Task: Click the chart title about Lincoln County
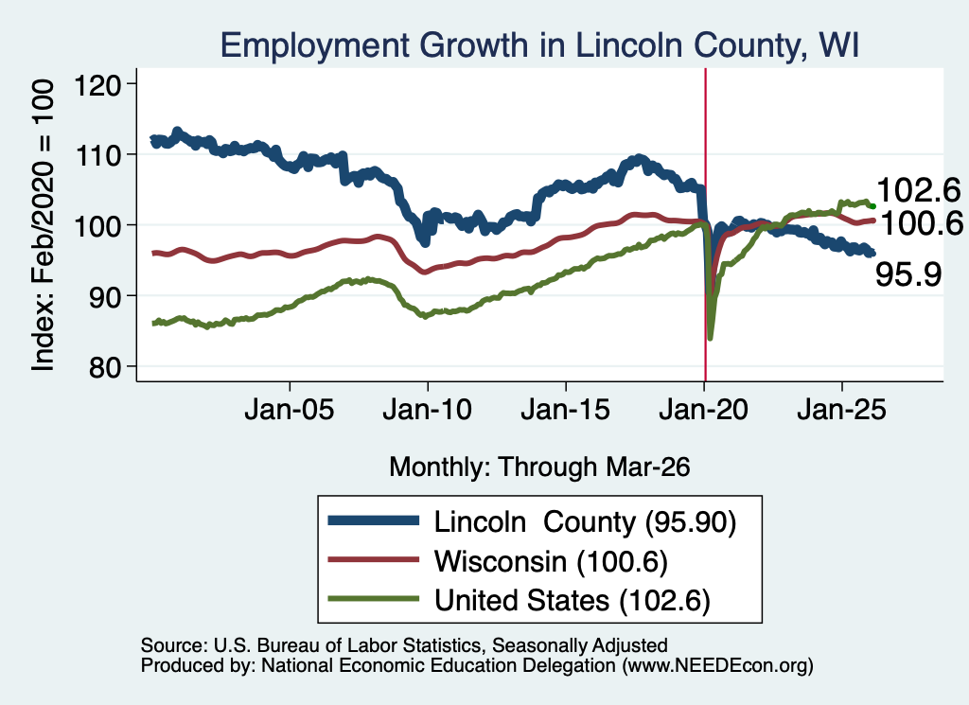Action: [539, 45]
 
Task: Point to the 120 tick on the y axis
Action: [97, 84]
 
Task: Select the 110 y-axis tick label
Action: [97, 154]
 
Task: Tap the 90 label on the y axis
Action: [105, 296]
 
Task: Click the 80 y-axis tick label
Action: [105, 367]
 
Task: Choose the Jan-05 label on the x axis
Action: [290, 410]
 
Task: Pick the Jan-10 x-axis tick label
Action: [427, 410]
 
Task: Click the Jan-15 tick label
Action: [566, 410]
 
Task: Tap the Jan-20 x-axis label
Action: [704, 410]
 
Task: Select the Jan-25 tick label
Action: [841, 410]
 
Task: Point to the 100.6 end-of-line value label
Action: [921, 223]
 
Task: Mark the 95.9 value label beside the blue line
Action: [908, 273]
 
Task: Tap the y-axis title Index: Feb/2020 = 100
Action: [44, 225]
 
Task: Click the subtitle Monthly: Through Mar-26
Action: [539, 467]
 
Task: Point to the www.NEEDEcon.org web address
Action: [717, 665]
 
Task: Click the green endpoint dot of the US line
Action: [872, 206]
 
